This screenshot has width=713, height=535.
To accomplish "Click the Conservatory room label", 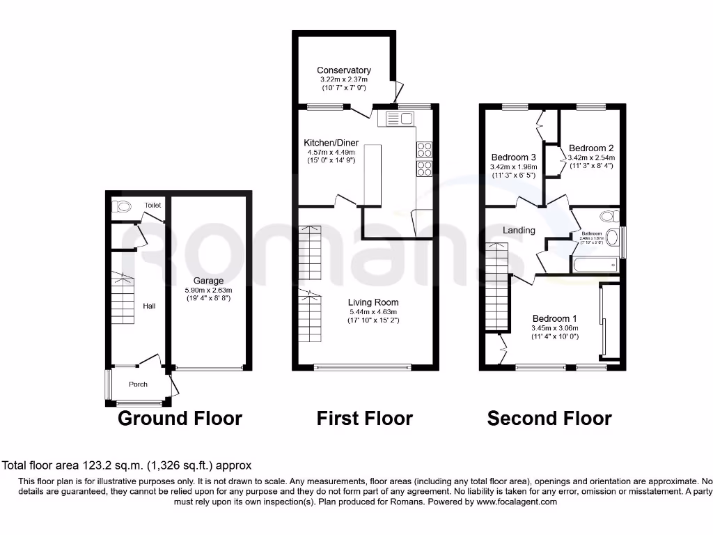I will pyautogui.click(x=343, y=70).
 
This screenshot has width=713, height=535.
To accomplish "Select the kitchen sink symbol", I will pyautogui.click(x=395, y=118).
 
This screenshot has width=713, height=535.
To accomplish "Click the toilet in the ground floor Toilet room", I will pyautogui.click(x=123, y=206).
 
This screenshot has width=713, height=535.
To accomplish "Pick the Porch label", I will pyautogui.click(x=138, y=385).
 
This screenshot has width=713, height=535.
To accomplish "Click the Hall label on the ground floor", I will pyautogui.click(x=150, y=306).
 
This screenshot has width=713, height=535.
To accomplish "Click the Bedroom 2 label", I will pyautogui.click(x=591, y=148).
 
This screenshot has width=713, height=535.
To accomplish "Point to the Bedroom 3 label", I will pyautogui.click(x=513, y=157).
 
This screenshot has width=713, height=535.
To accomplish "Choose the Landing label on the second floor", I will pyautogui.click(x=519, y=231).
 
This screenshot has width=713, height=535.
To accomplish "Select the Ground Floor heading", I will pyautogui.click(x=180, y=419).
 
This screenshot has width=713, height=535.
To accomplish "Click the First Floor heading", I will pyautogui.click(x=364, y=419).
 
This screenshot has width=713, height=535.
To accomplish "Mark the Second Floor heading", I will pyautogui.click(x=549, y=419).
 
